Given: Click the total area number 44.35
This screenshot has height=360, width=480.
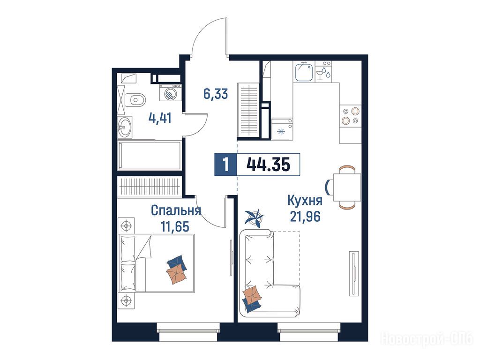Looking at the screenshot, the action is pyautogui.click(x=268, y=165).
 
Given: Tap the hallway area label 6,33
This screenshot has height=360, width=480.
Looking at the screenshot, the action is pyautogui.click(x=216, y=94).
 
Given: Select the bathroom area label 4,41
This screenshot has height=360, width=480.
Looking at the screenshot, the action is pyautogui.click(x=160, y=118).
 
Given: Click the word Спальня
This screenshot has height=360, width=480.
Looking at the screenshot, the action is pyautogui.click(x=176, y=210).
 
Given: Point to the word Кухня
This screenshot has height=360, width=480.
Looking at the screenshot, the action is pyautogui.click(x=305, y=201).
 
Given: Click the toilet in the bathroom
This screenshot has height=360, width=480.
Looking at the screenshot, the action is pyautogui.click(x=137, y=99).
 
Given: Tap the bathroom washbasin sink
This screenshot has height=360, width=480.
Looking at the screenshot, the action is pyautogui.click(x=125, y=127).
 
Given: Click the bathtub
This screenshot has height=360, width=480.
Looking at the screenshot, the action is pyautogui.click(x=150, y=156).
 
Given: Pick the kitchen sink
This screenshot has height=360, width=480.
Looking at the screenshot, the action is pyautogui.click(x=304, y=72).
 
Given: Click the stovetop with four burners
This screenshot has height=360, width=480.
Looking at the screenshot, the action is pyautogui.click(x=351, y=116).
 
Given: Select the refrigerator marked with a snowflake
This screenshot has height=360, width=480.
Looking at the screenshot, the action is pyautogui.click(x=282, y=129).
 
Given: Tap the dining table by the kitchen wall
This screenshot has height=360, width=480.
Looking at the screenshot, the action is pyautogui.click(x=347, y=187).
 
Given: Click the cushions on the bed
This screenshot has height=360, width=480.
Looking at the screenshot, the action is pyautogui.click(x=177, y=269).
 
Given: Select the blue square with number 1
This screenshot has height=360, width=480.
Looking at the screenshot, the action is pyautogui.click(x=226, y=165).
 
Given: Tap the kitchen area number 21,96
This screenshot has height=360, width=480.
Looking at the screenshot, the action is pyautogui.click(x=305, y=217).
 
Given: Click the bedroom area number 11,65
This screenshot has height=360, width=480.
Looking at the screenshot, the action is pyautogui.click(x=175, y=226).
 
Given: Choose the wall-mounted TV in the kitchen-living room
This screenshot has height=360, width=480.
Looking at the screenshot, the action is pyautogui.click(x=354, y=273).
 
